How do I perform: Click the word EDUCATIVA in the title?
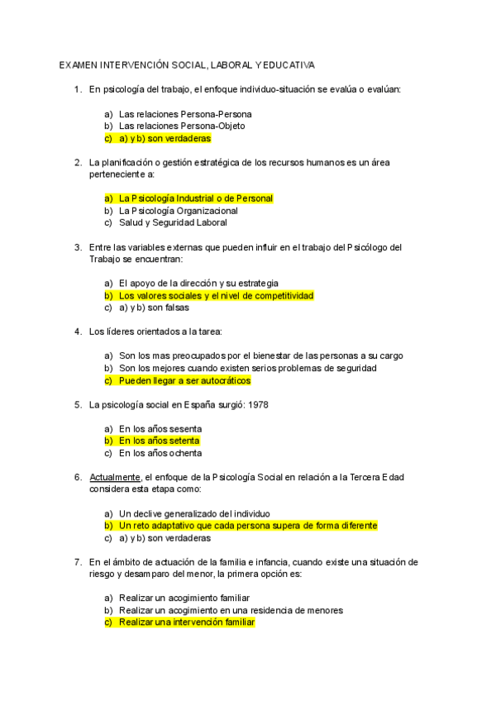(x=292, y=64)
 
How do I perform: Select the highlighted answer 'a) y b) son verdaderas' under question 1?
(x=165, y=138)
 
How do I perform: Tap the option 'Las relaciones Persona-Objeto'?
(x=182, y=126)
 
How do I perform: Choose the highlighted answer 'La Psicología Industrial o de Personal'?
(x=195, y=198)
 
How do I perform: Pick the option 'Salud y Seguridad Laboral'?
(x=173, y=222)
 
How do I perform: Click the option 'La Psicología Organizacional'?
(x=179, y=211)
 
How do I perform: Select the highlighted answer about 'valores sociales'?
(x=216, y=295)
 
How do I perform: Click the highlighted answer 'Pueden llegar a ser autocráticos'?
(x=184, y=381)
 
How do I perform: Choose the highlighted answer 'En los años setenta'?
(x=160, y=441)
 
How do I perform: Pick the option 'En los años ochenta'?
(x=160, y=453)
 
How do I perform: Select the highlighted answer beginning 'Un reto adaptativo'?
(x=247, y=525)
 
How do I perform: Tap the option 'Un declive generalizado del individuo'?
(x=194, y=513)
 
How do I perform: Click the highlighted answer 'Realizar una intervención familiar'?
(x=187, y=622)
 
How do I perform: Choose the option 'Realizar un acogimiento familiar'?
(x=184, y=598)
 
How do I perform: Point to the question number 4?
(x=78, y=331)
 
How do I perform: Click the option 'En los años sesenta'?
(x=160, y=429)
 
